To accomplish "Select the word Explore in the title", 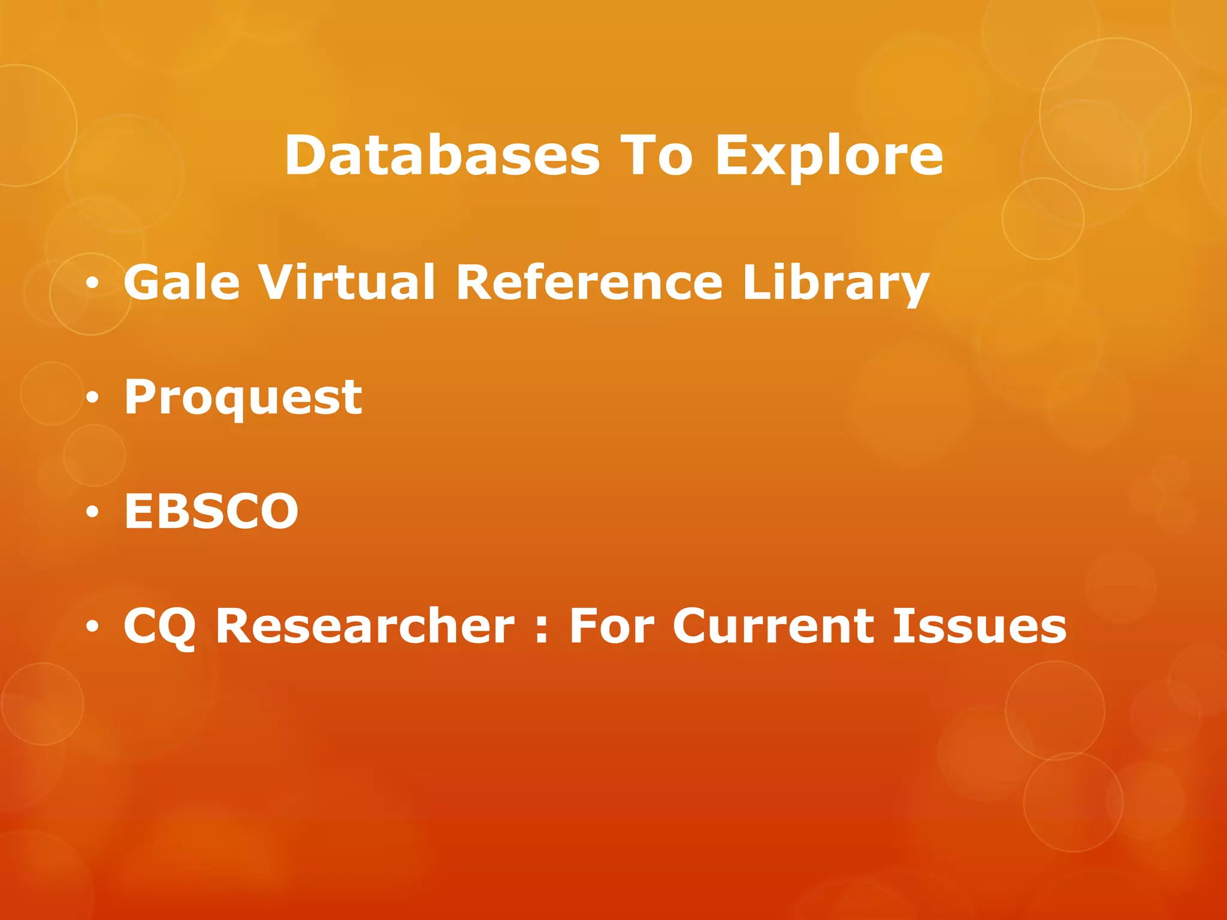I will click(829, 157).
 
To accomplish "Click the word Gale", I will click(182, 282).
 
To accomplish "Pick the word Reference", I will click(589, 282).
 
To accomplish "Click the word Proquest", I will click(243, 398).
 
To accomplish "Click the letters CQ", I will click(159, 627).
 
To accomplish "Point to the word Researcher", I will click(365, 626).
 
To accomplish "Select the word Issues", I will click(980, 626).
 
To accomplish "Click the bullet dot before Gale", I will click(92, 284).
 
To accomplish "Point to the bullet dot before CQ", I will click(92, 627).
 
